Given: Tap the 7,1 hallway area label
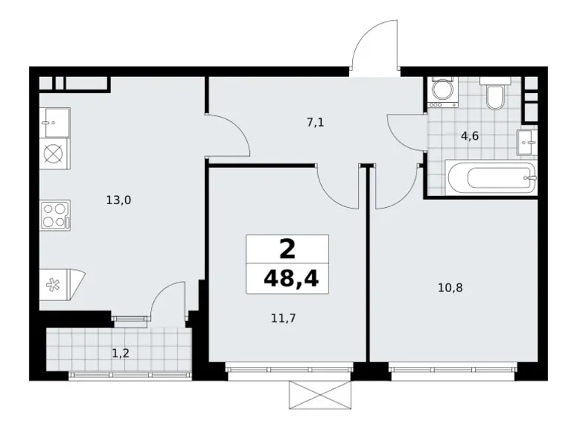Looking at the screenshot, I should (x=316, y=124).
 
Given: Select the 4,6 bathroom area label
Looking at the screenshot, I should (x=470, y=136).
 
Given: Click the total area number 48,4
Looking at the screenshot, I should (x=288, y=279).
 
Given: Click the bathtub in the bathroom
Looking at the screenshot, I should (x=490, y=178).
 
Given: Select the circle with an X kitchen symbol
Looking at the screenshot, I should (x=55, y=154).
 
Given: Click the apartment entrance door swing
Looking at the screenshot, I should (x=376, y=50).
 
